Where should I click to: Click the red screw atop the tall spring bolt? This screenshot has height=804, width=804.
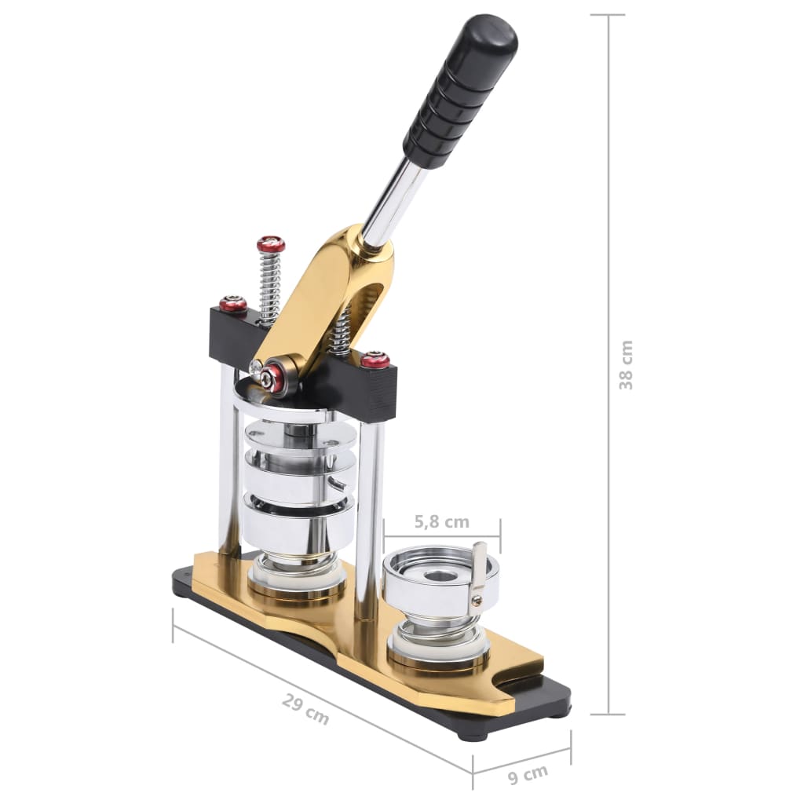[x=271, y=245]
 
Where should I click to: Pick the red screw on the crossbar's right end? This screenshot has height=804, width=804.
[x=375, y=360]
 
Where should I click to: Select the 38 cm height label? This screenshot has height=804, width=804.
[x=626, y=364]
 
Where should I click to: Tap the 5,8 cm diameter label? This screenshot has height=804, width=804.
[x=441, y=521]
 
